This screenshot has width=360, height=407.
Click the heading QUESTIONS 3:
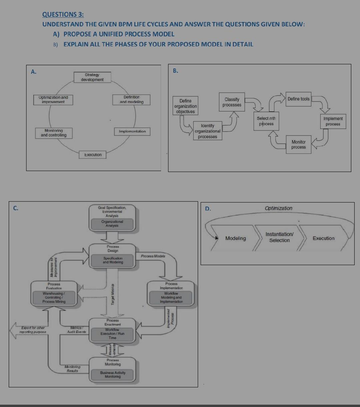click(x=63, y=14)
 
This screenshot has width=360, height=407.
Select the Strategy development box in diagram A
click(x=92, y=77)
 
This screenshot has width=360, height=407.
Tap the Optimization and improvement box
click(x=53, y=100)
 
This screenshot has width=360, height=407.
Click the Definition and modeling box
click(x=132, y=99)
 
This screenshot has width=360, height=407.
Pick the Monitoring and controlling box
click(x=54, y=133)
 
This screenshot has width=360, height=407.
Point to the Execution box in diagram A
click(x=93, y=155)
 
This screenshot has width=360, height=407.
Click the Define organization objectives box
click(x=185, y=106)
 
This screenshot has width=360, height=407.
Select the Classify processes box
click(x=232, y=102)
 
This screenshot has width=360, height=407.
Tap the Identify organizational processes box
click(x=207, y=131)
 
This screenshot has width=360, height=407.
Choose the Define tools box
click(x=298, y=99)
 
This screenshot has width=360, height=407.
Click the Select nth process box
click(x=266, y=121)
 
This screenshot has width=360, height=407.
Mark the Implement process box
click(x=333, y=121)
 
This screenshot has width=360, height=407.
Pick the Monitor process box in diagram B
click(x=298, y=144)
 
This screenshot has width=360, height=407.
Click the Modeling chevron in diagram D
click(x=235, y=238)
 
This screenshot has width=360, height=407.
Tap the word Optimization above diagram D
click(x=278, y=208)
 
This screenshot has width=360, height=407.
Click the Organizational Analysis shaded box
click(x=112, y=224)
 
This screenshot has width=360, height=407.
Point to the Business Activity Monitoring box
click(x=113, y=375)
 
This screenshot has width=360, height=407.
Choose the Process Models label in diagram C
click(x=153, y=256)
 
